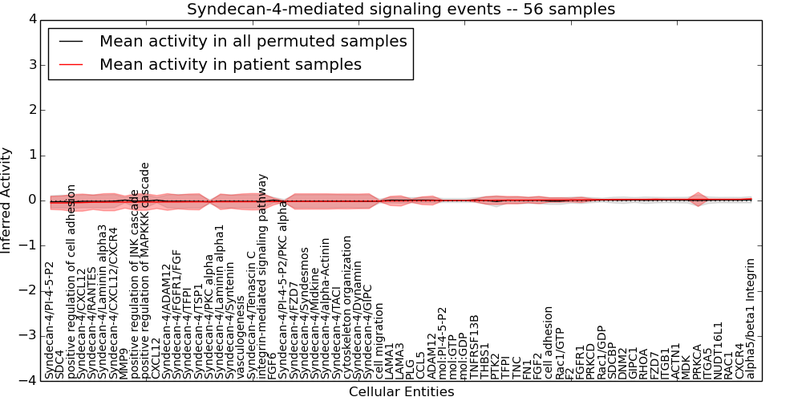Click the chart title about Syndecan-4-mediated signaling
[401, 10]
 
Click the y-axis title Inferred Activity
[7, 200]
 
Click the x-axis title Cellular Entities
[401, 392]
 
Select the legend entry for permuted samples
[253, 41]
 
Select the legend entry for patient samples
[230, 64]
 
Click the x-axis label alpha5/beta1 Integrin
[751, 318]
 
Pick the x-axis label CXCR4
[739, 360]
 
